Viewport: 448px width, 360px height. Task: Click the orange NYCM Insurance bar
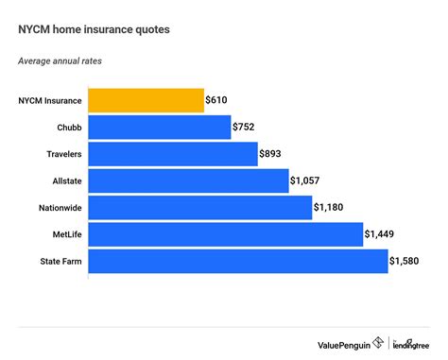tap(146, 99)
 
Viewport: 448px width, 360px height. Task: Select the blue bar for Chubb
tap(160, 127)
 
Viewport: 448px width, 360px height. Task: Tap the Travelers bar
tap(173, 153)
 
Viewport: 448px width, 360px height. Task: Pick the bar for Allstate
tap(188, 180)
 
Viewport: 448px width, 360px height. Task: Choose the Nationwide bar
tap(199, 207)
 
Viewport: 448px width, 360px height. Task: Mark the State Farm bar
tap(237, 261)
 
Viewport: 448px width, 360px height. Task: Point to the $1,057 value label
tap(309, 180)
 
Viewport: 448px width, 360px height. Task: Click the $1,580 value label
tap(408, 261)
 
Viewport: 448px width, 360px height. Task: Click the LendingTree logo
tap(413, 342)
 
